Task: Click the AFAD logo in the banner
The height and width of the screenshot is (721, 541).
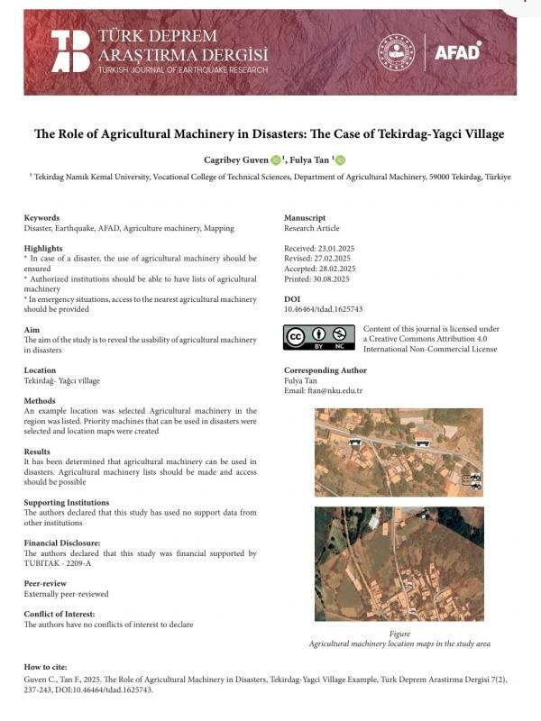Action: tap(458, 51)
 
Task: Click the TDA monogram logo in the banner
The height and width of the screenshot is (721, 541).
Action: tap(70, 50)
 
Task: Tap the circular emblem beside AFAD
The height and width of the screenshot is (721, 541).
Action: tap(395, 51)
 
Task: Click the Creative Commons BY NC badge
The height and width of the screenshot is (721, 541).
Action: tap(318, 338)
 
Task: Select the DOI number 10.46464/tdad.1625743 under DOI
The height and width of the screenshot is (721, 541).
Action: tap(324, 308)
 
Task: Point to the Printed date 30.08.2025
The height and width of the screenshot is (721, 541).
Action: tap(318, 278)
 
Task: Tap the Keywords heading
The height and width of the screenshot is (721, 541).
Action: tap(41, 217)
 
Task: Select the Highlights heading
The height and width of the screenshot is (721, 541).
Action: tap(43, 247)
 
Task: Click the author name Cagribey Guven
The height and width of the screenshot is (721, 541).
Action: tap(235, 160)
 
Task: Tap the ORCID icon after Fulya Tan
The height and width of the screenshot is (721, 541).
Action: tap(341, 160)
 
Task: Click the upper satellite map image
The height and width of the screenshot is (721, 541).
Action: tap(399, 452)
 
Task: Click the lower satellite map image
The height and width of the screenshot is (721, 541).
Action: tap(399, 563)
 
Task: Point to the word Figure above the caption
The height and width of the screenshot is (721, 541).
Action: tap(399, 634)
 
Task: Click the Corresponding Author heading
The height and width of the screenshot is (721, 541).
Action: tap(325, 370)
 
